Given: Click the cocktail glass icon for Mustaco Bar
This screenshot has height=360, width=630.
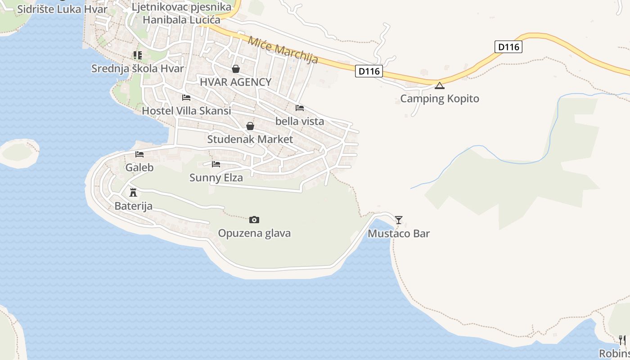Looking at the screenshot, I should (399, 220).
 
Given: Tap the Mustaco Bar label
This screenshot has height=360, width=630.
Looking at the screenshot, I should (399, 234).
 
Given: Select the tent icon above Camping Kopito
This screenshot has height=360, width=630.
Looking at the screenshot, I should (440, 85).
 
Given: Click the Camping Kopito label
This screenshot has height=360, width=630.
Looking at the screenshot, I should (440, 99).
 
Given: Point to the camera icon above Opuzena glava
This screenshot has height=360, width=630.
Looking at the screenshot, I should (254, 220).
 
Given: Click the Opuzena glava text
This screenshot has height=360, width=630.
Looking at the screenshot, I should (254, 233).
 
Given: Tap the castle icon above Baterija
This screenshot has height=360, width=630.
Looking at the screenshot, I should (133, 193).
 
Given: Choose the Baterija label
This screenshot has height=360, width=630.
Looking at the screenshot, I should (133, 206).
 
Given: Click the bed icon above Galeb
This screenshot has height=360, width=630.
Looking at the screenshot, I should (139, 154).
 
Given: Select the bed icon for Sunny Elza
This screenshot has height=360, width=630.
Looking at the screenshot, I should (216, 164).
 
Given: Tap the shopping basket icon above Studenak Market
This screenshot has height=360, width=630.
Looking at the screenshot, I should (250, 126).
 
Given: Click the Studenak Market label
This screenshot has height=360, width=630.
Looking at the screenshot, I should (250, 139).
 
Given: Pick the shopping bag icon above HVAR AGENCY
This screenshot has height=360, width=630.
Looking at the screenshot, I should (235, 69).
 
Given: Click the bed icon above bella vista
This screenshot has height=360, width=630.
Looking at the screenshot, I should (300, 108).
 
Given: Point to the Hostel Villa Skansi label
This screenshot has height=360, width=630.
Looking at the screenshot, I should (186, 111).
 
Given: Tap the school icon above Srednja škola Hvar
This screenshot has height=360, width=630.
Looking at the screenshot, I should (137, 55).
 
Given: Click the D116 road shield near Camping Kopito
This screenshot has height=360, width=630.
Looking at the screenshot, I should (369, 71).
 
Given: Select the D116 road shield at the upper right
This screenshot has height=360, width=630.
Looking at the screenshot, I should (508, 47).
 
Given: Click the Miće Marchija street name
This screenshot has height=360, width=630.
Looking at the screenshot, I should (283, 49).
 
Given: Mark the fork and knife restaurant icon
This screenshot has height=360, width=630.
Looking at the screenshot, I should (622, 340).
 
